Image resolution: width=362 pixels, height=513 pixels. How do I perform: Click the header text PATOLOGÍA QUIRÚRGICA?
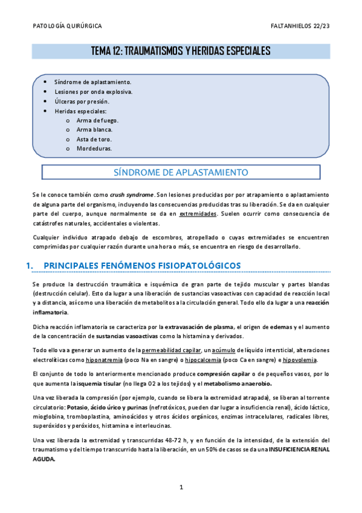66,27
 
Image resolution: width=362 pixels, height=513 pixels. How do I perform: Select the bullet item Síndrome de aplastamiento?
92,82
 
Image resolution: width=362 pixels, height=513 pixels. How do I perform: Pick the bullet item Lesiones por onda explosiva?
93,92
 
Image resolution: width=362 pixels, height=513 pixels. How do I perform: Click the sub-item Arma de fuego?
97,120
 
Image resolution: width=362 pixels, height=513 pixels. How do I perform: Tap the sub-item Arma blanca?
94,129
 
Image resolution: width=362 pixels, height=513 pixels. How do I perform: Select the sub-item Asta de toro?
94,139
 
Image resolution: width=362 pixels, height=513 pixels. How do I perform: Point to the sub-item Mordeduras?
94,148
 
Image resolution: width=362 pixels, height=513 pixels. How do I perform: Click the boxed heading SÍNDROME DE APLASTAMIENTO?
181,172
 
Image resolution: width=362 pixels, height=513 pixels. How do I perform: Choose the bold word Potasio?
78,407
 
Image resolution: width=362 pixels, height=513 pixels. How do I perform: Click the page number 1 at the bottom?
181,486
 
